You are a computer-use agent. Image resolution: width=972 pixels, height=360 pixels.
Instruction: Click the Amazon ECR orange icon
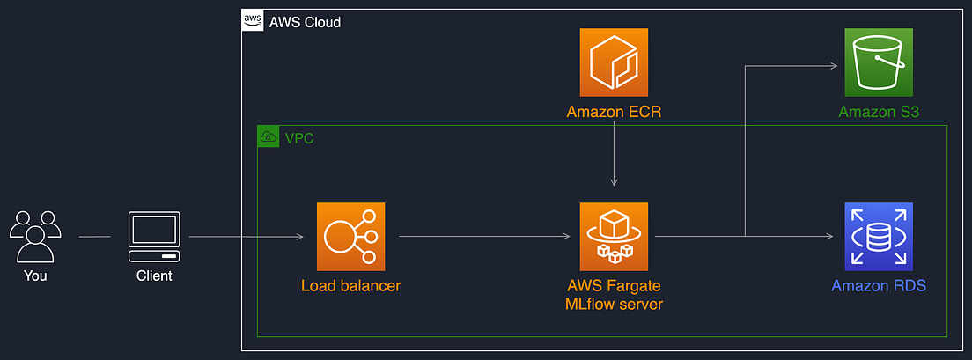(614, 62)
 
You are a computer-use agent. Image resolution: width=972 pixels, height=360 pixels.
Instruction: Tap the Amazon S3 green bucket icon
(878, 62)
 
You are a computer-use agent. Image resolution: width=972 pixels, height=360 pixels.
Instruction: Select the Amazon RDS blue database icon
(878, 236)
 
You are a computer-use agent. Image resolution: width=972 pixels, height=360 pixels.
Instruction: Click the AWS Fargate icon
(614, 236)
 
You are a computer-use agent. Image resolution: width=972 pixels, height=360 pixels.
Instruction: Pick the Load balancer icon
(350, 236)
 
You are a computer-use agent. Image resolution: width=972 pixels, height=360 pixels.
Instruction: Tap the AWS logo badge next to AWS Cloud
(253, 21)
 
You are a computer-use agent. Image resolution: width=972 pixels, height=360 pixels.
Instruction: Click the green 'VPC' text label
(298, 137)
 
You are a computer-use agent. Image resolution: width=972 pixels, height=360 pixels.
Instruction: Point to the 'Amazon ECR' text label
(614, 112)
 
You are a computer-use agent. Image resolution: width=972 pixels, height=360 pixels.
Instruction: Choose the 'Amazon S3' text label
(878, 112)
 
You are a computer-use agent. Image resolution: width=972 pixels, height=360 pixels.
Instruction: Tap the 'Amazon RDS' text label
(878, 286)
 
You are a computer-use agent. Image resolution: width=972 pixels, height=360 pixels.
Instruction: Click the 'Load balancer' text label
(350, 286)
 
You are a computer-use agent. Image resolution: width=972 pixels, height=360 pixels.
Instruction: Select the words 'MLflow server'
(614, 305)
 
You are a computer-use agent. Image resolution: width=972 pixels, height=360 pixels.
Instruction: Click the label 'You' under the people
(35, 276)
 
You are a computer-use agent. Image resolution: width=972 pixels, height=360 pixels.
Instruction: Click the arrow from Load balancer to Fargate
(484, 236)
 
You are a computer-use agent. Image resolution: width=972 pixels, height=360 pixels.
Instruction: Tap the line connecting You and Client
(94, 236)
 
